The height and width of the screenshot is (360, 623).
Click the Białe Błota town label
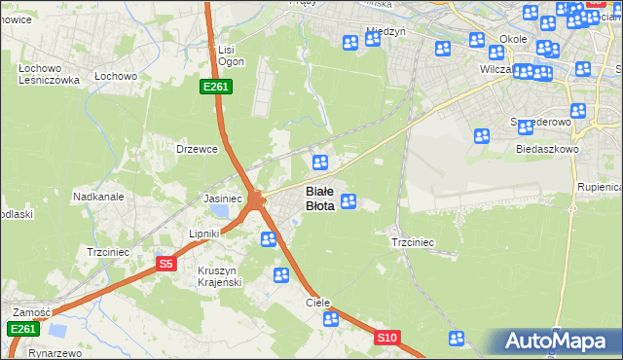(x=321, y=198)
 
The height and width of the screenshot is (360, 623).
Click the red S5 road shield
(x=165, y=264)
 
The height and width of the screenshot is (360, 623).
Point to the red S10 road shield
(x=387, y=338)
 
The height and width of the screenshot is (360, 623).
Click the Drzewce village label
(x=196, y=149)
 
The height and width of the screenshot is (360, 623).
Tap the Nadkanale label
(x=97, y=197)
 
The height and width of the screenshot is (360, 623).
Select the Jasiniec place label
(x=222, y=198)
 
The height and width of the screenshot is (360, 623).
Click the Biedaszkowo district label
(x=548, y=150)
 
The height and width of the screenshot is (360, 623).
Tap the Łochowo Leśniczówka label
(x=48, y=75)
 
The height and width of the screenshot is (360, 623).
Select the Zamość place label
(x=31, y=312)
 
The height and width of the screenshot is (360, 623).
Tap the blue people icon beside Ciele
(x=331, y=318)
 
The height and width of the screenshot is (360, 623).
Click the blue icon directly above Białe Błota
(x=319, y=162)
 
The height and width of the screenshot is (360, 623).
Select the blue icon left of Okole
(x=477, y=40)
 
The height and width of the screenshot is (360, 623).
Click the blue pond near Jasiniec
(x=223, y=211)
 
